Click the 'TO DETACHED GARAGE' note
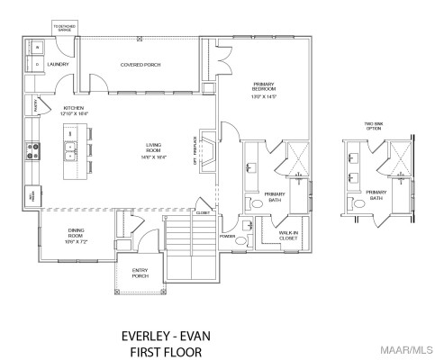[x=66, y=29]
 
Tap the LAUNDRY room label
[x=59, y=64]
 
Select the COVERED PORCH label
[x=140, y=64]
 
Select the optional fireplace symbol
[x=206, y=153]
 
